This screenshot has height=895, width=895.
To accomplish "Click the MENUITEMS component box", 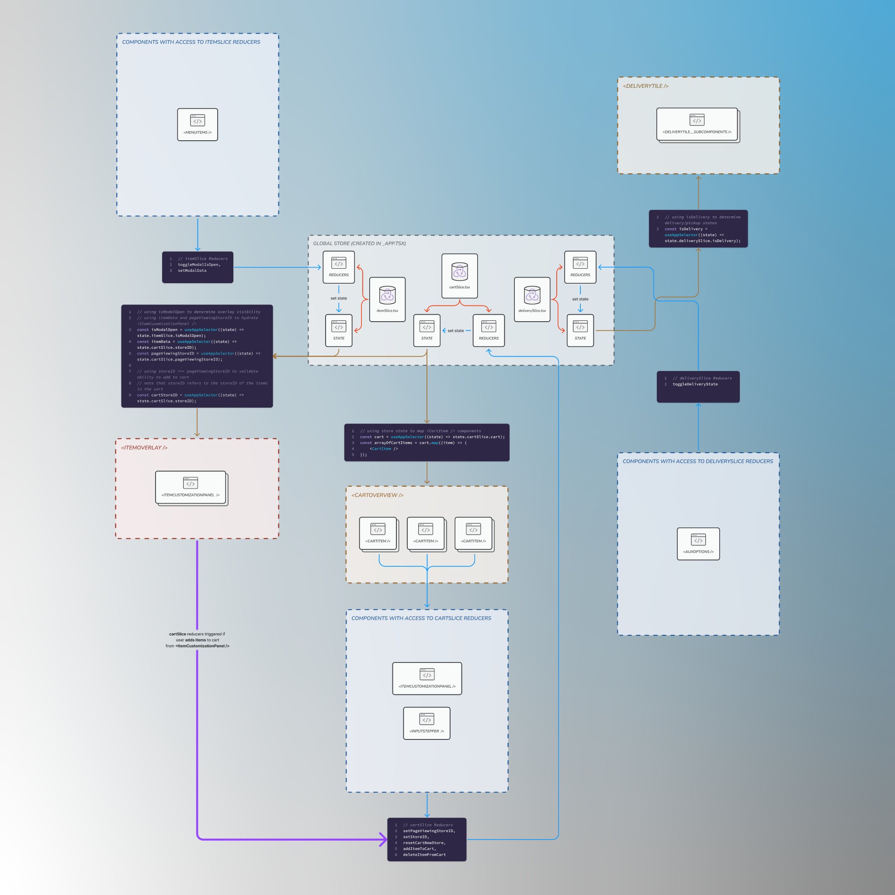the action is click(x=198, y=125).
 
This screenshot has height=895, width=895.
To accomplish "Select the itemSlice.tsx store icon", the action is click(x=387, y=295).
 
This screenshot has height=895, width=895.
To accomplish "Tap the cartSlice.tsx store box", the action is click(x=460, y=276).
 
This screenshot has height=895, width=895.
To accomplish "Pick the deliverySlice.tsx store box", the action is click(x=532, y=299).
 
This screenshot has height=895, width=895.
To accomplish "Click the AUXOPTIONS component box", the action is click(x=698, y=544).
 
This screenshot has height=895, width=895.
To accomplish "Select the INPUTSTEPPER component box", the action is click(x=427, y=723).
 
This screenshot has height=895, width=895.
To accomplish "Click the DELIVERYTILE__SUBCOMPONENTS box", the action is click(x=697, y=124).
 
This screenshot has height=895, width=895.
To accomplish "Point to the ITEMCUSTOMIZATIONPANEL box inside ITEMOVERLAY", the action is click(x=191, y=487).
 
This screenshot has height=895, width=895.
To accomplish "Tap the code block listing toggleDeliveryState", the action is click(x=698, y=386).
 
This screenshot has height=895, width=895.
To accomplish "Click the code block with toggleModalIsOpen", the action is click(x=198, y=267).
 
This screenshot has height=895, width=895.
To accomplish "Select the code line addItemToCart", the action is click(x=418, y=849).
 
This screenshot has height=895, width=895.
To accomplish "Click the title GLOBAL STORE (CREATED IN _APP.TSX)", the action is click(x=360, y=244).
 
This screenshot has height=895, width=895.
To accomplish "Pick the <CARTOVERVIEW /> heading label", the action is click(x=377, y=495).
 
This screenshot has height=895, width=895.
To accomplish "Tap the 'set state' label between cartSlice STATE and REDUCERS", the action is click(x=456, y=331).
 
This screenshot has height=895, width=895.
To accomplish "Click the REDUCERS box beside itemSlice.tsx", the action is click(x=339, y=267).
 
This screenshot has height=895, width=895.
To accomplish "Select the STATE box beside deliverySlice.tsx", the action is click(x=580, y=330).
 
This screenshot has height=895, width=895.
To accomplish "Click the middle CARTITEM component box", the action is click(x=426, y=533).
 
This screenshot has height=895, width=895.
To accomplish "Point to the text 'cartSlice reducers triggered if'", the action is click(x=197, y=634).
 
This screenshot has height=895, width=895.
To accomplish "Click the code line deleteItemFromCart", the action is click(x=424, y=855).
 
